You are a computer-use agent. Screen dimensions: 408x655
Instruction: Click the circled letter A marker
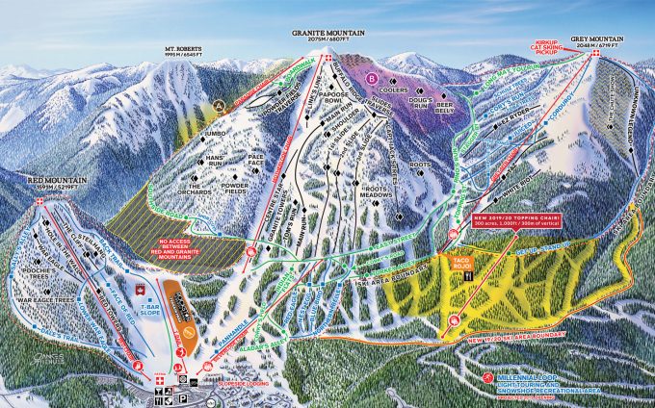point(219,104)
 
